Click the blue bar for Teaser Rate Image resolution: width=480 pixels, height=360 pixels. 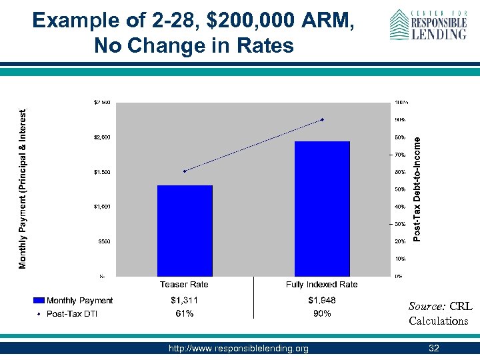[x=185, y=230]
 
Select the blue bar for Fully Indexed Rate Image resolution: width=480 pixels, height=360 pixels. [x=322, y=208]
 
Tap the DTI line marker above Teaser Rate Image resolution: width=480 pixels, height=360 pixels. [x=185, y=171]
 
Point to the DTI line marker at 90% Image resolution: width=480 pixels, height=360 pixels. [x=322, y=120]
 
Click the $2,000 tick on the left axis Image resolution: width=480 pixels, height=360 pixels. [x=102, y=137]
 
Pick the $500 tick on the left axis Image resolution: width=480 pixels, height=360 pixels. [x=104, y=241]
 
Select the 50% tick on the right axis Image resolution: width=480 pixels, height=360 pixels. [x=400, y=189]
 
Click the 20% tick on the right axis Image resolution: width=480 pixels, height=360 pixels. [x=400, y=241]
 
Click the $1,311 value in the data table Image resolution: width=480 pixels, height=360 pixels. [x=185, y=301]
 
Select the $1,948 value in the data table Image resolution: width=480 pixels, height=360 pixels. [x=322, y=301]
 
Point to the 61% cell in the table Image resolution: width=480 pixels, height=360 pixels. [x=185, y=313]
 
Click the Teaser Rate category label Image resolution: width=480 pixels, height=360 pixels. [x=185, y=285]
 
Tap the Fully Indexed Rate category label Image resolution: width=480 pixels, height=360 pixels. [x=322, y=285]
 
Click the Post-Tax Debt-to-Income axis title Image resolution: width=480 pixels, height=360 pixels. [x=417, y=189]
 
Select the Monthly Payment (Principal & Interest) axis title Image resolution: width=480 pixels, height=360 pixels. [x=23, y=189]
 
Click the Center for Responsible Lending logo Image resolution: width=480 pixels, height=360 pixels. [x=427, y=25]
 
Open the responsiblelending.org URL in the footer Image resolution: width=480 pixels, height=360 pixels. [x=239, y=349]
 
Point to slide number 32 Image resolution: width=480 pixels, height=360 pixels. [x=434, y=349]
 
